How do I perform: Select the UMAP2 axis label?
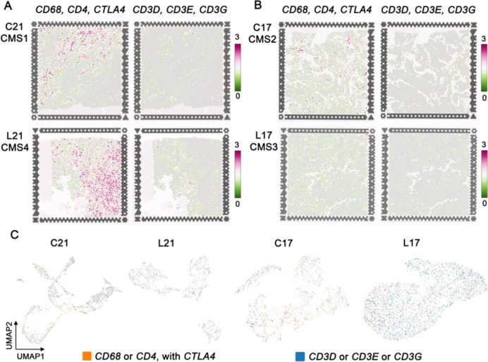coord(8,330)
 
